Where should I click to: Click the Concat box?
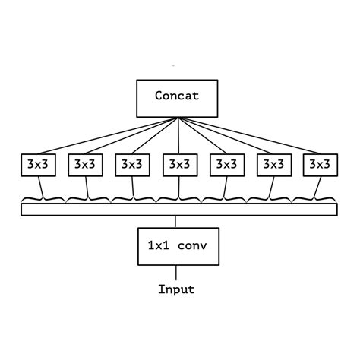point(176,96)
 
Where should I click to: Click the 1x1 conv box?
point(176,246)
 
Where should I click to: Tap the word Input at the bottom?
point(176,289)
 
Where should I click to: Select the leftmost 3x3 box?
point(36,163)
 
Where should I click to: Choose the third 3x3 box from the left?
point(131,163)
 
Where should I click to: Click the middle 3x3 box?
point(178,163)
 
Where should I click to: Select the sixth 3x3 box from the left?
point(273,163)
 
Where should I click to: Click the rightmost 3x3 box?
point(320,163)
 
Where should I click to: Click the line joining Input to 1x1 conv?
point(176,273)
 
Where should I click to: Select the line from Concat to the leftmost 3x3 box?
point(99,137)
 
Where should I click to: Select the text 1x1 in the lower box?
point(157,246)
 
